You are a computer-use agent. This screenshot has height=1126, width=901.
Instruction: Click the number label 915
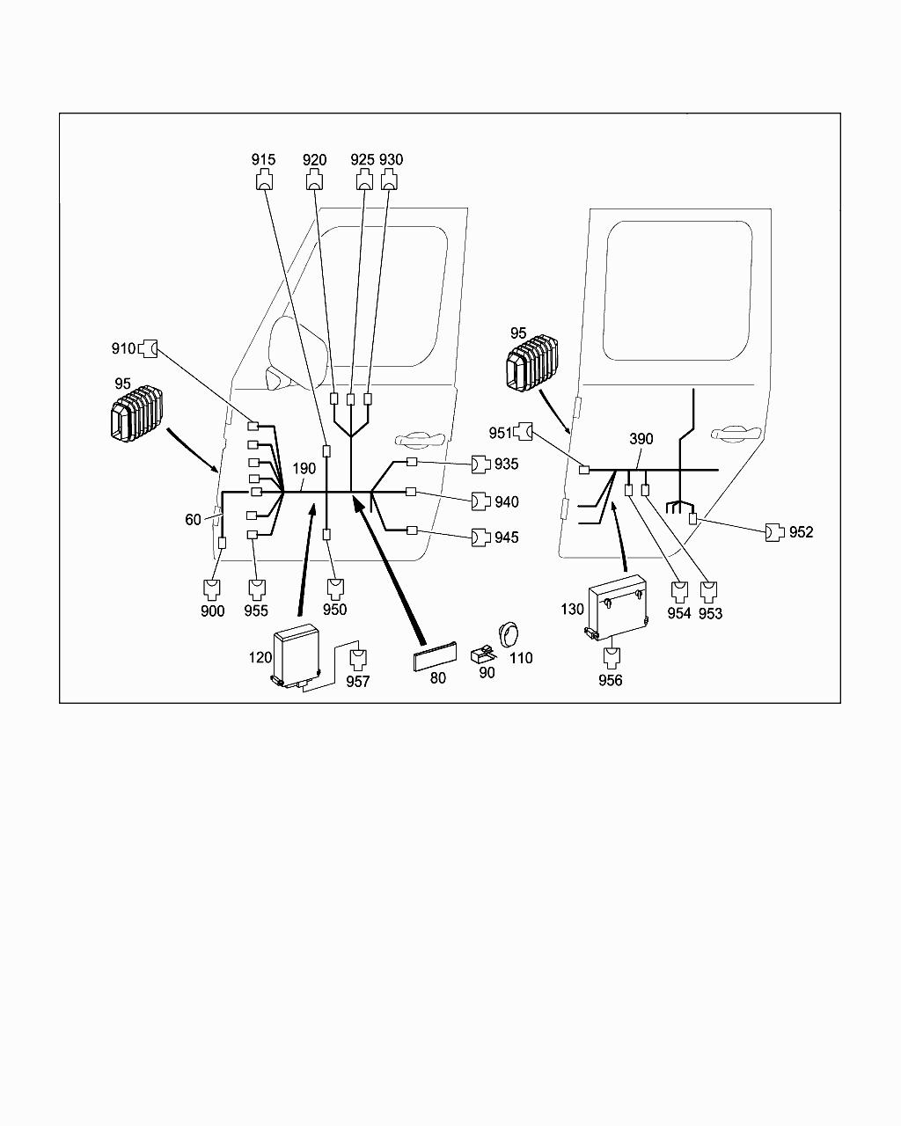pyautogui.click(x=263, y=159)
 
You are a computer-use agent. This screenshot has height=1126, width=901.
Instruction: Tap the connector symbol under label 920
pyautogui.click(x=314, y=181)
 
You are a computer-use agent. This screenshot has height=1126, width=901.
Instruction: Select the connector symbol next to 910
pyautogui.click(x=148, y=348)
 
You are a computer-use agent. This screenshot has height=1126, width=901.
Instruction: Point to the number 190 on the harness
pyautogui.click(x=304, y=468)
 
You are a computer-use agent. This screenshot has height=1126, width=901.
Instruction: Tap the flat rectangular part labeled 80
pyautogui.click(x=434, y=655)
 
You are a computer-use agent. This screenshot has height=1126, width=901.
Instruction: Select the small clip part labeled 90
pyautogui.click(x=483, y=654)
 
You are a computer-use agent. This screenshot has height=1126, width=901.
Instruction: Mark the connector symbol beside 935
pyautogui.click(x=481, y=464)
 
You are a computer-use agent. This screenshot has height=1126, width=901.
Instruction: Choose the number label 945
pyautogui.click(x=506, y=537)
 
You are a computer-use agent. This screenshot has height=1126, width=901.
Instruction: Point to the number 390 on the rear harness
pyautogui.click(x=641, y=439)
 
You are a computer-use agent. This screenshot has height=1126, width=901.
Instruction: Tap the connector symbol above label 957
pyautogui.click(x=358, y=660)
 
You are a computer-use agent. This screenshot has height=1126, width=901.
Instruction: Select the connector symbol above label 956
pyautogui.click(x=612, y=658)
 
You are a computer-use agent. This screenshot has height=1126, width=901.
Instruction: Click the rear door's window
pyautogui.click(x=678, y=291)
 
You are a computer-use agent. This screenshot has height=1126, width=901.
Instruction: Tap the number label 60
pyautogui.click(x=193, y=520)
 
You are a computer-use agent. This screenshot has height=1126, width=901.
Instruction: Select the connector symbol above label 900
pyautogui.click(x=212, y=589)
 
